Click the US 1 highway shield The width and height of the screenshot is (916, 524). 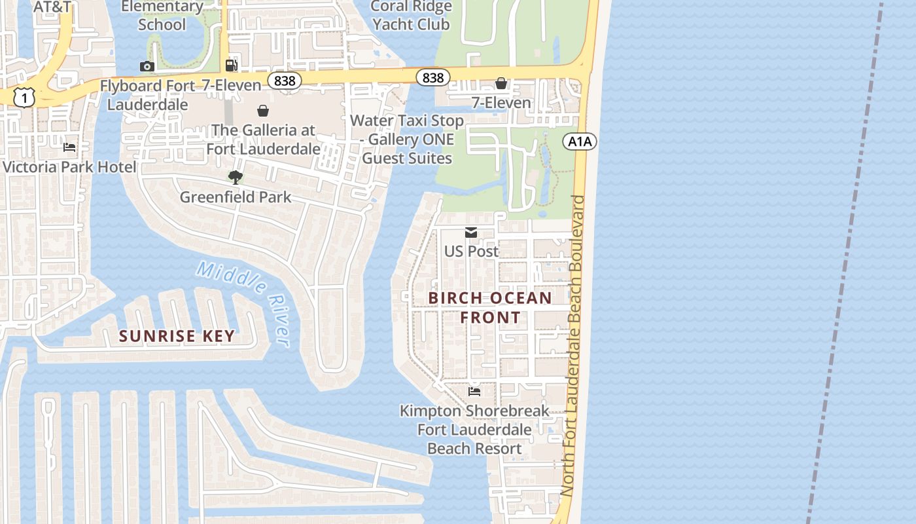pos(24,98)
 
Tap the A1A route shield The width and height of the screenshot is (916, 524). pos(580,141)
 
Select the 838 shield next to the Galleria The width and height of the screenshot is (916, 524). pos(285,81)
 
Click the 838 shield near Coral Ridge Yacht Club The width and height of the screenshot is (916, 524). pos(432,78)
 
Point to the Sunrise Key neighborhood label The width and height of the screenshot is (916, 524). pos(177,336)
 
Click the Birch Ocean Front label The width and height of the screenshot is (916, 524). pos(490,307)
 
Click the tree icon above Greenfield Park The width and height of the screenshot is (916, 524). pos(236,177)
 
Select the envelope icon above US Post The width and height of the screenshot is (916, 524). pos(470,233)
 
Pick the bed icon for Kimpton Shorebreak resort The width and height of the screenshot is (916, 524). pos(474,392)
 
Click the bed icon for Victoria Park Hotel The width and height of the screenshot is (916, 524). pos(69,147)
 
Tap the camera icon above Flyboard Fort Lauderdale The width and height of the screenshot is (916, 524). pos(147,66)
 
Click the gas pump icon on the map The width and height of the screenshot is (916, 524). pos(231,65)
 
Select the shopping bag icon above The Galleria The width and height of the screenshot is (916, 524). pos(263,111)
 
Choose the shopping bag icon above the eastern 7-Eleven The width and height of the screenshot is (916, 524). pos(501,83)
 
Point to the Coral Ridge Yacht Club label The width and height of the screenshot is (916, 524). pos(411,16)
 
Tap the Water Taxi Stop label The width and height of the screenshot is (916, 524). pos(407,139)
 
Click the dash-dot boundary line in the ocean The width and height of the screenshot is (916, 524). pos(843,262)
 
